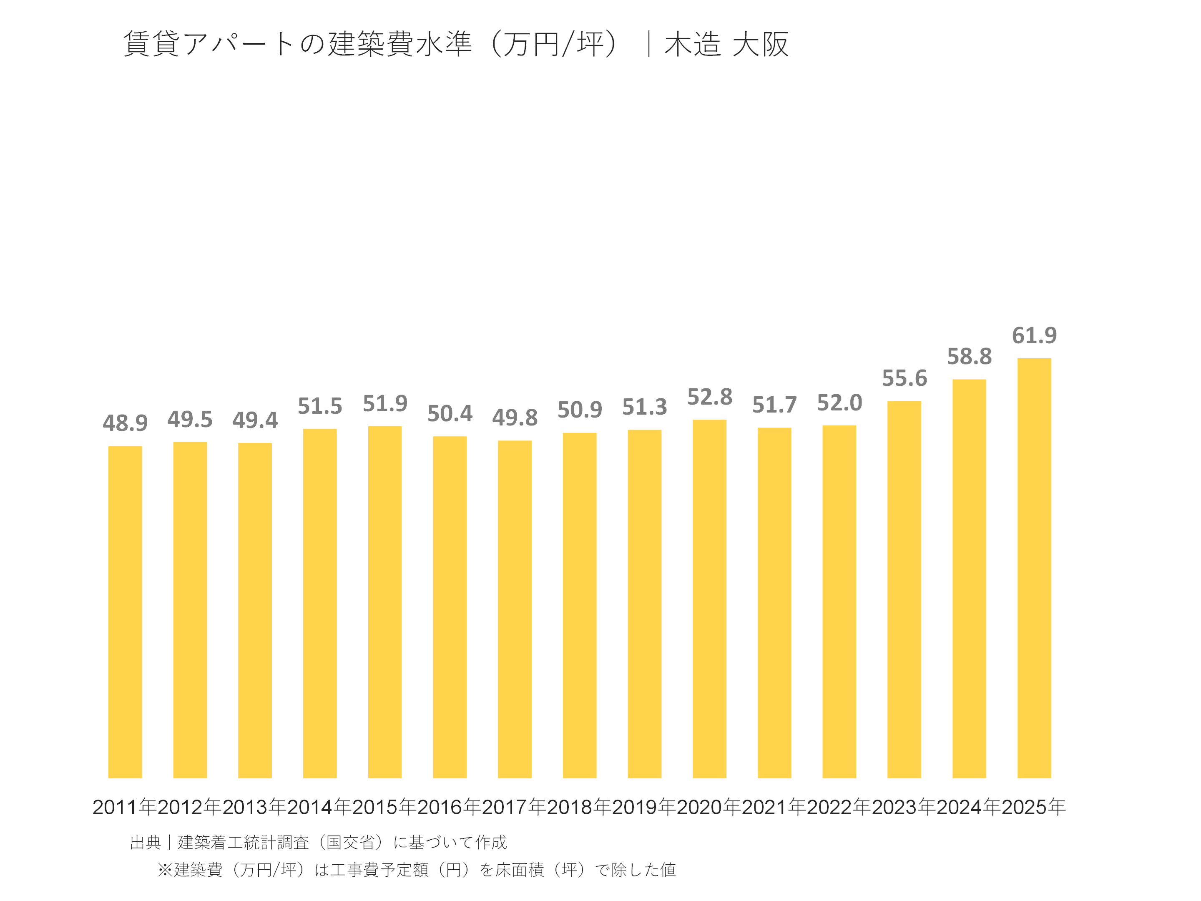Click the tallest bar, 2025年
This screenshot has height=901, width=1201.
pyautogui.click(x=1034, y=568)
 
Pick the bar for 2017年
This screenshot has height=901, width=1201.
pyautogui.click(x=515, y=609)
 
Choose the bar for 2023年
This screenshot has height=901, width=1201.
pyautogui.click(x=904, y=589)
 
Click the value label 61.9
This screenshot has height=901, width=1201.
pyautogui.click(x=1034, y=336)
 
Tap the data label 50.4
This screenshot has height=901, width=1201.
pyautogui.click(x=450, y=414)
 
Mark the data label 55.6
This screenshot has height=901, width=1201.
pyautogui.click(x=904, y=378)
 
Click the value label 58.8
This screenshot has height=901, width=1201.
pyautogui.click(x=969, y=357)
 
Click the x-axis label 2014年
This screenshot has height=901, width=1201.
pyautogui.click(x=319, y=807)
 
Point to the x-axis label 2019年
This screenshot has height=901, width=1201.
pyautogui.click(x=644, y=807)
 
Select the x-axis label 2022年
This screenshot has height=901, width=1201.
pyautogui.click(x=839, y=807)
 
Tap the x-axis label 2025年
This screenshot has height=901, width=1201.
pyautogui.click(x=1034, y=807)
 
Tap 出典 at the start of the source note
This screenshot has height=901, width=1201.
pyautogui.click(x=146, y=842)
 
